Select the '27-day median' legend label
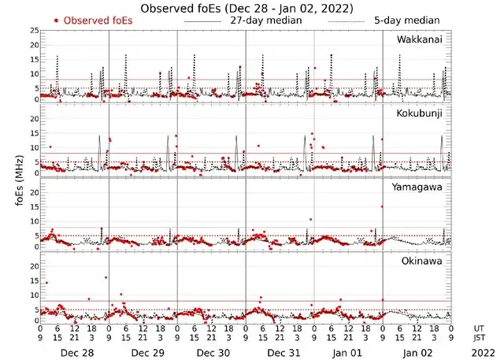265,20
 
